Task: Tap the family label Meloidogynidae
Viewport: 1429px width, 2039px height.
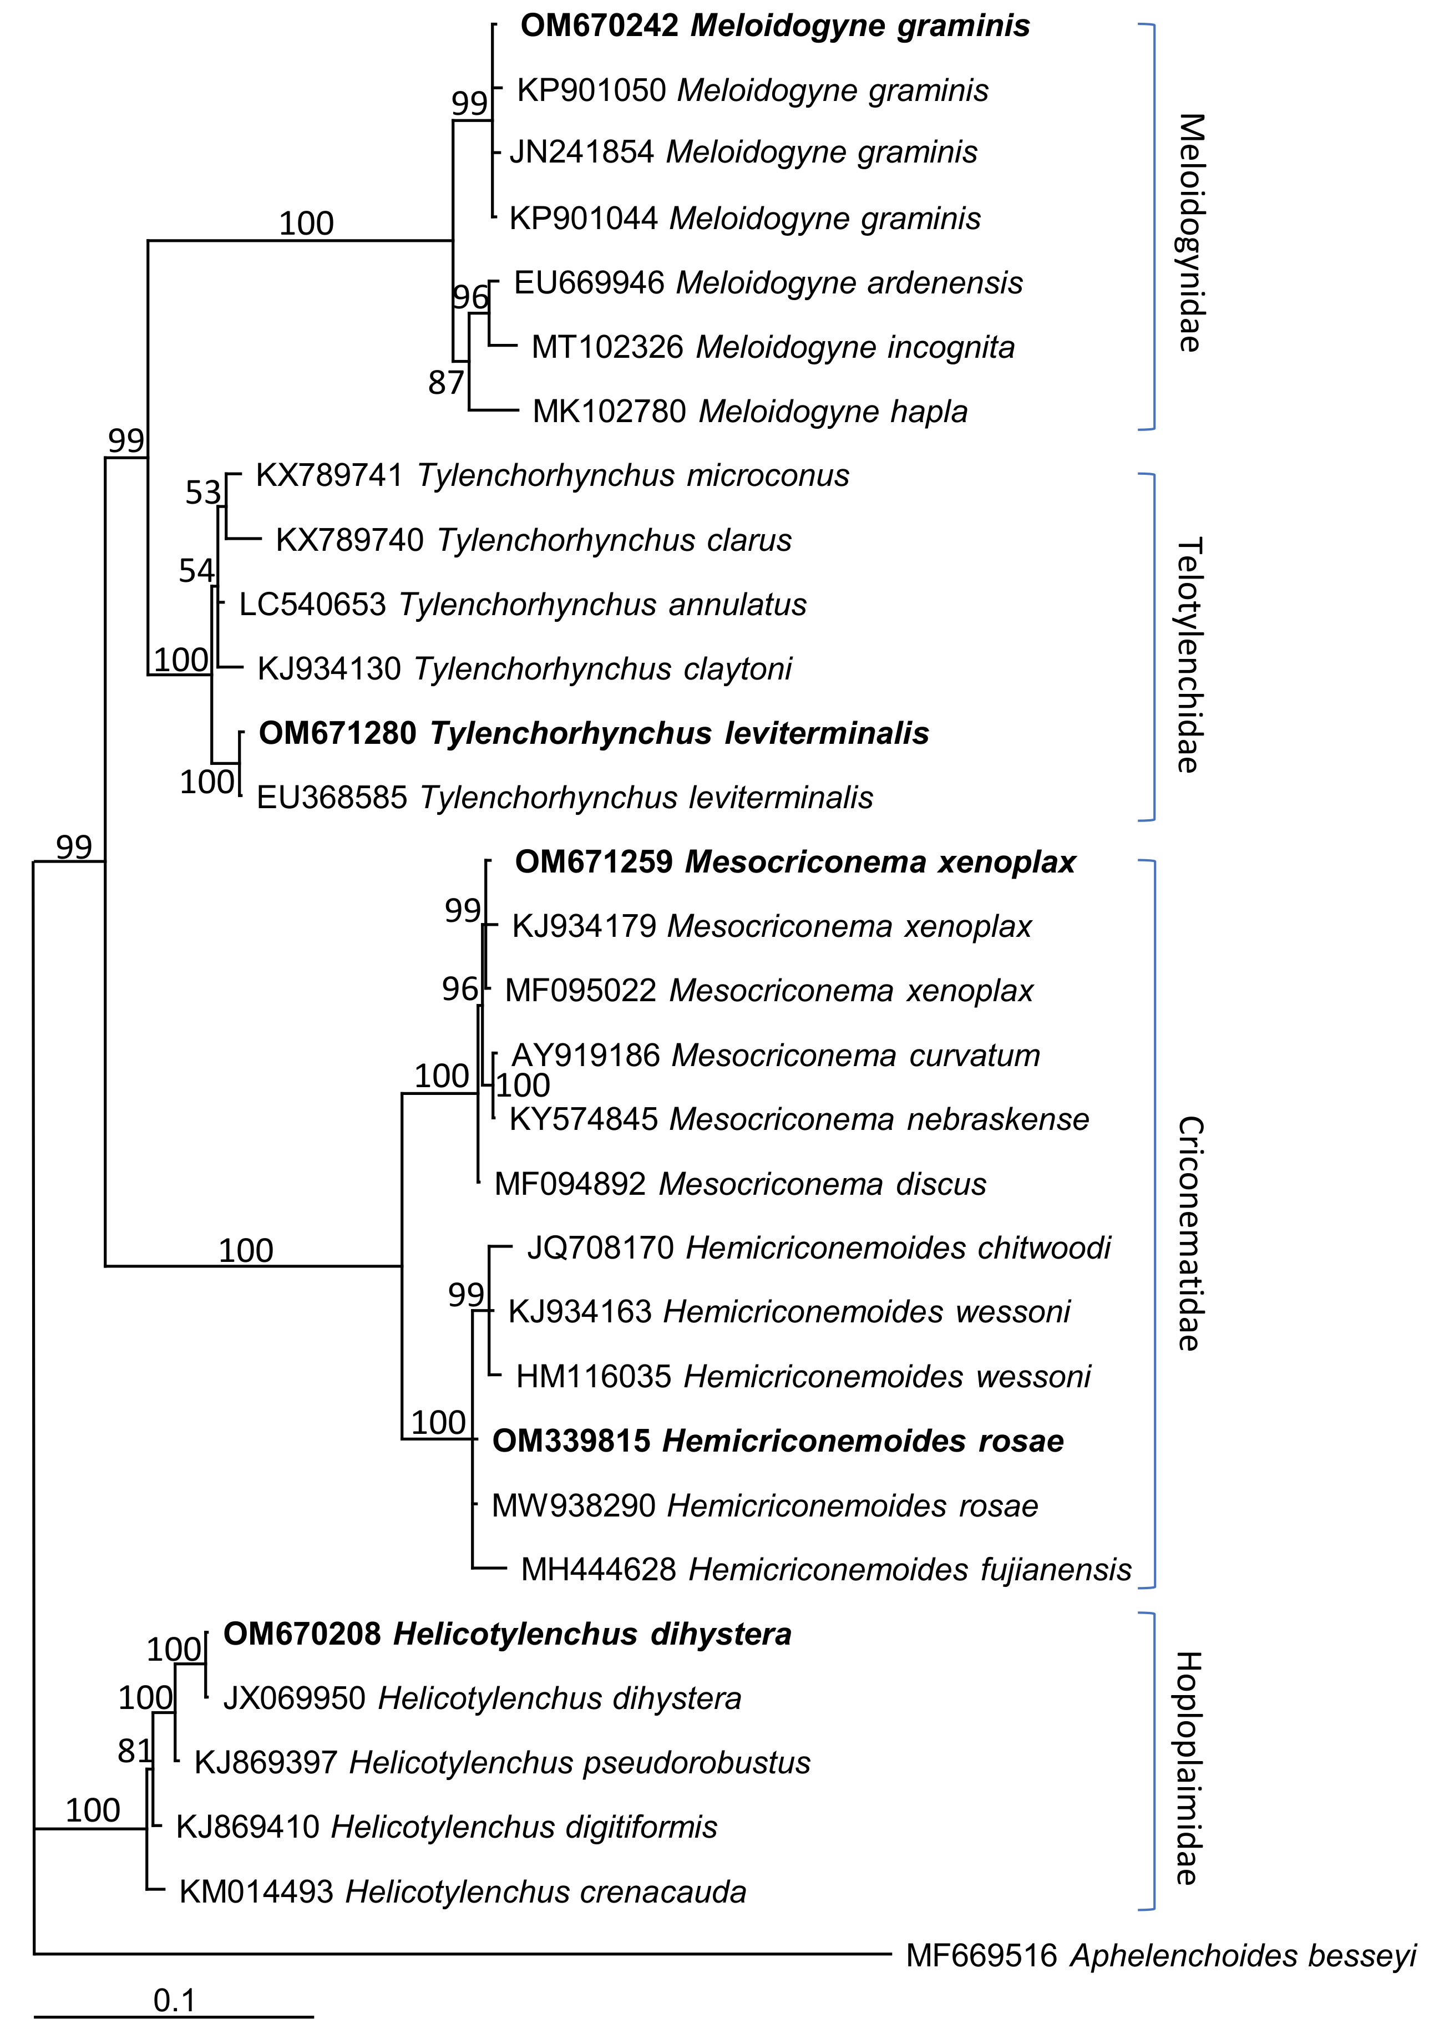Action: [x=1190, y=232]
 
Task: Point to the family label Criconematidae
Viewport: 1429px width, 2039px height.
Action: [x=1190, y=1234]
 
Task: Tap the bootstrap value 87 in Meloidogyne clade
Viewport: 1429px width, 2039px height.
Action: [x=446, y=383]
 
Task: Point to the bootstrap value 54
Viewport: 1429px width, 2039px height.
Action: [x=196, y=570]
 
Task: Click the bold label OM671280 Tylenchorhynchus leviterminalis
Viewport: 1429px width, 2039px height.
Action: [x=593, y=733]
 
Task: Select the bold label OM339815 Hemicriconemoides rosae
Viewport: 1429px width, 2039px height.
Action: [x=777, y=1441]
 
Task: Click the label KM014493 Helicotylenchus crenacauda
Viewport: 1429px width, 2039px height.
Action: [x=462, y=1891]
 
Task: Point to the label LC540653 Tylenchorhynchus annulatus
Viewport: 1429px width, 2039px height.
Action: [x=522, y=604]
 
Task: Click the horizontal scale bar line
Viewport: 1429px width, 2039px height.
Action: [x=174, y=2017]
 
